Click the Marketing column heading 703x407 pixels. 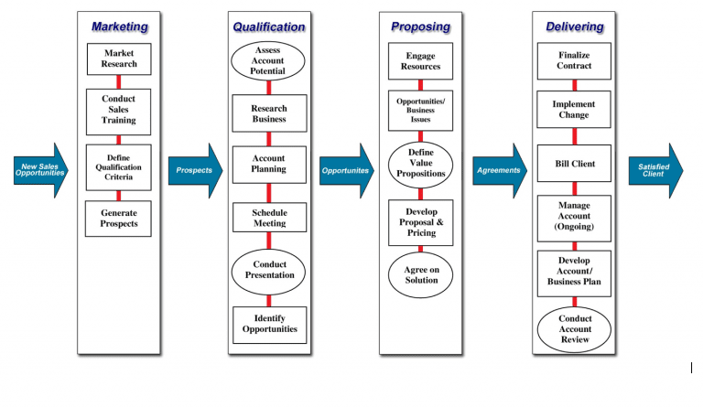(119, 27)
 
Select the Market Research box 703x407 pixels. (119, 59)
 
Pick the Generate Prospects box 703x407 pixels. (119, 219)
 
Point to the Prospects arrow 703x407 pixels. (193, 170)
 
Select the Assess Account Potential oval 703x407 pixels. (268, 59)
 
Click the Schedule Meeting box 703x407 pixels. (268, 218)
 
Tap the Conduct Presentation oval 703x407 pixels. (268, 270)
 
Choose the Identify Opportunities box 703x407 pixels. (268, 324)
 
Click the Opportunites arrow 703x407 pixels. (346, 170)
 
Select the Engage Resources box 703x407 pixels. (420, 61)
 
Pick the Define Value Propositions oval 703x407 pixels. (420, 164)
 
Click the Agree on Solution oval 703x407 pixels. (420, 275)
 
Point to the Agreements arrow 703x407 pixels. (500, 170)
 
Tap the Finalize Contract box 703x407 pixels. (574, 61)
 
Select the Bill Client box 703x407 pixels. (574, 164)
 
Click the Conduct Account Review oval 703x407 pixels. (574, 329)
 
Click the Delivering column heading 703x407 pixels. (574, 27)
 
